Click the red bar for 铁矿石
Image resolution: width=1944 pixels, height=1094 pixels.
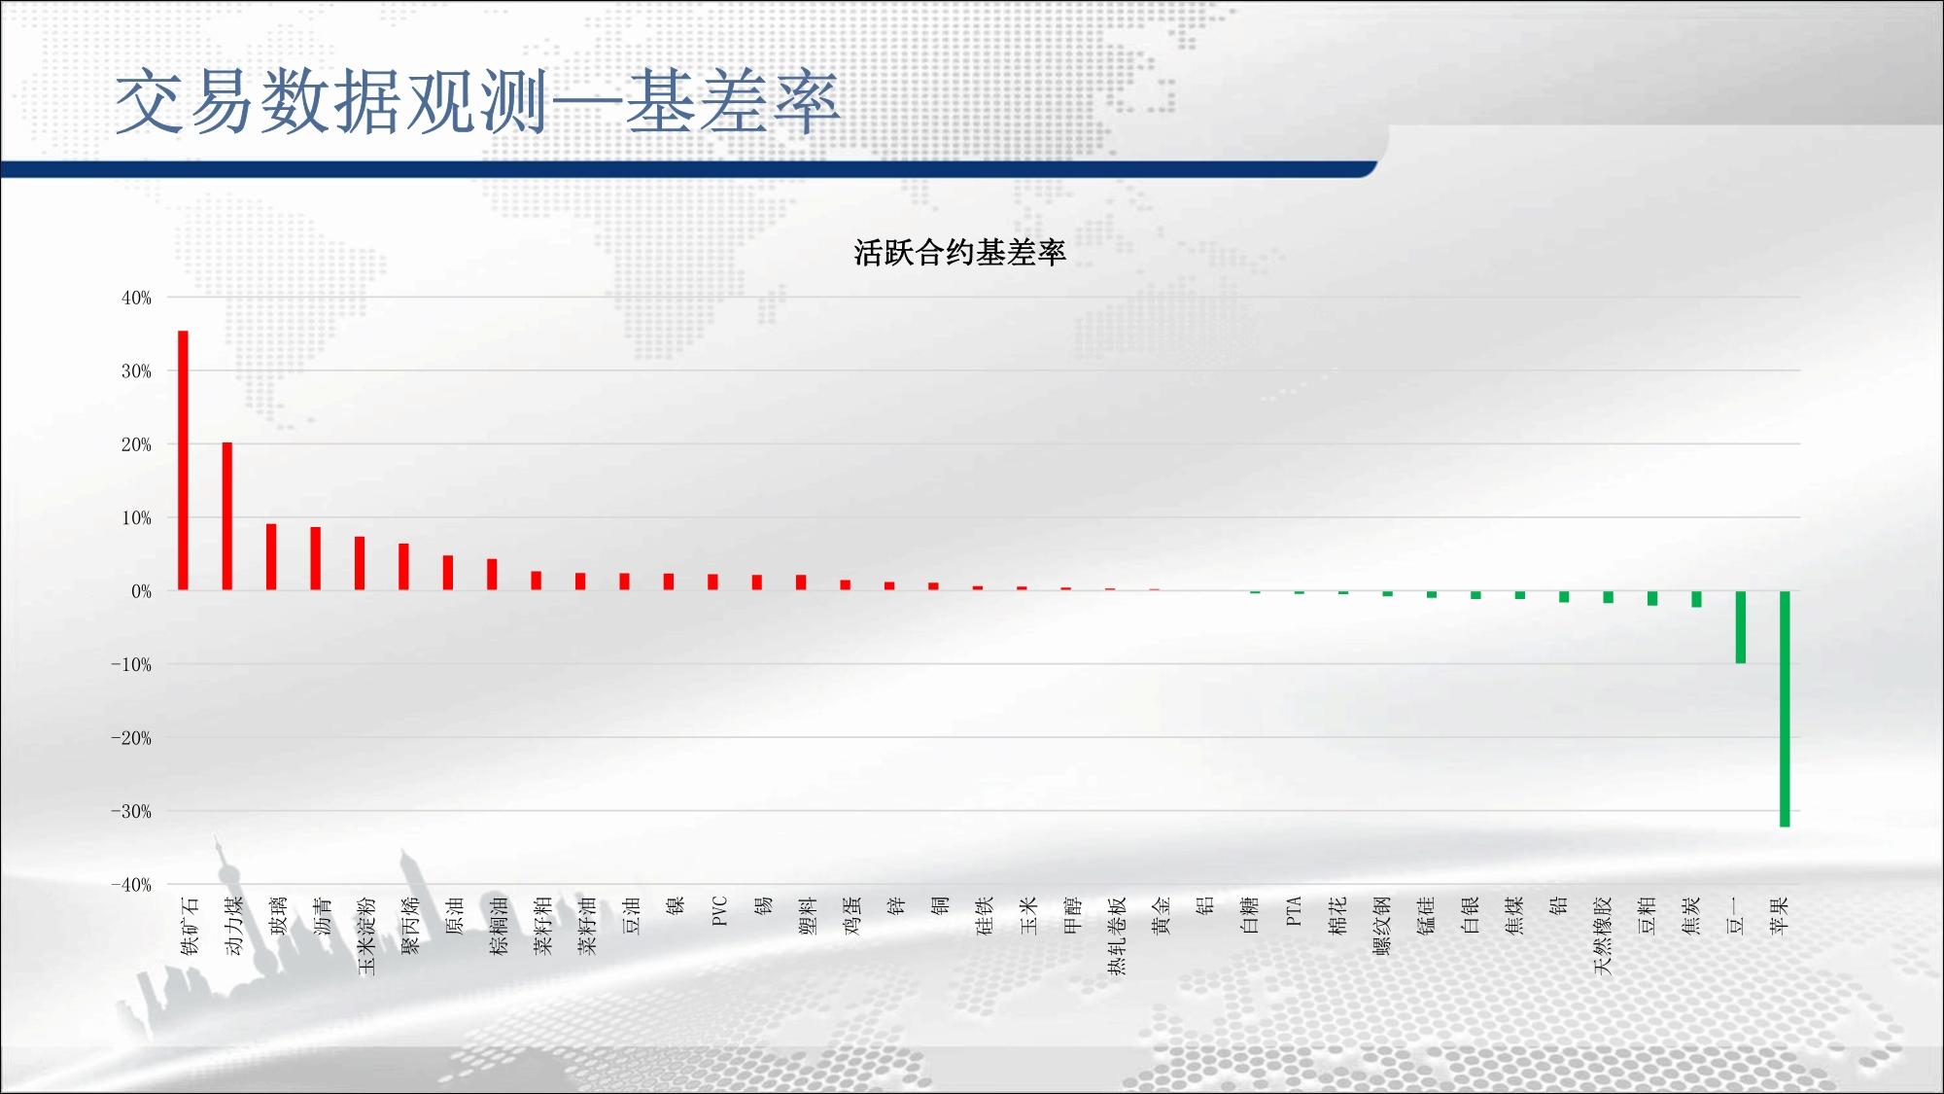point(183,460)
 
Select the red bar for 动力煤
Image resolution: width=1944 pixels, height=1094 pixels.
point(227,516)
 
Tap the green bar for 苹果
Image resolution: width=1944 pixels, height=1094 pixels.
point(1785,709)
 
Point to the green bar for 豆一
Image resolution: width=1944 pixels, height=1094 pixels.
point(1741,627)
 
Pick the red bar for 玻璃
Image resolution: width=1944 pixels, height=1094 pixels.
point(271,557)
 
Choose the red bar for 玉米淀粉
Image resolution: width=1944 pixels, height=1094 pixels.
point(360,563)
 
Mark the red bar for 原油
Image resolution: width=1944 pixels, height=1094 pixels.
point(448,573)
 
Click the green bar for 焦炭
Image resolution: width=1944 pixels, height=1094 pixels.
point(1696,599)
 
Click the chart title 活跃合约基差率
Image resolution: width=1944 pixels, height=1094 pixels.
point(959,253)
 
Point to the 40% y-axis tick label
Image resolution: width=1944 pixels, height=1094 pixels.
point(136,298)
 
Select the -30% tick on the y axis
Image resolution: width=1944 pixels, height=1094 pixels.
point(131,811)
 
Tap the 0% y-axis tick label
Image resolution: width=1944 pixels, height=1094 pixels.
point(142,591)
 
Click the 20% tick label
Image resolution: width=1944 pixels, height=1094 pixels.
point(136,444)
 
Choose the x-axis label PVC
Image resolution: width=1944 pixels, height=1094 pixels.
point(719,911)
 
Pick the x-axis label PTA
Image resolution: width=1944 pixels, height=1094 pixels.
point(1294,911)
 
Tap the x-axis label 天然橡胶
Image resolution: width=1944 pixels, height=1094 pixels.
point(1603,935)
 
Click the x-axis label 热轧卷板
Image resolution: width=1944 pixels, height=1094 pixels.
point(1117,935)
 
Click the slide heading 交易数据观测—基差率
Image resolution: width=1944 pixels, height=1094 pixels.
point(477,102)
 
